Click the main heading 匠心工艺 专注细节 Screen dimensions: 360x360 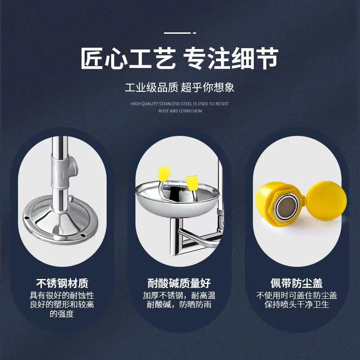[x=179, y=58]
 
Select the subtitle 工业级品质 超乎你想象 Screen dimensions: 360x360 [x=179, y=87]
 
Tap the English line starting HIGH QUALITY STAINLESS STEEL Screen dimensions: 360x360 [x=180, y=104]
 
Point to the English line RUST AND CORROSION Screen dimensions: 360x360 [x=180, y=111]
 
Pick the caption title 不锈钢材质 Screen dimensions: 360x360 [x=62, y=283]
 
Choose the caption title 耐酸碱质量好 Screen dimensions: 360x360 [x=179, y=283]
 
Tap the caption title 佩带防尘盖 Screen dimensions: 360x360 [x=297, y=283]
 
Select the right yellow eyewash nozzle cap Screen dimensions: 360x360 [x=192, y=183]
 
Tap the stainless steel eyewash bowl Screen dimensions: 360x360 [x=177, y=198]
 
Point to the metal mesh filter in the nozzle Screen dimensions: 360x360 [x=286, y=207]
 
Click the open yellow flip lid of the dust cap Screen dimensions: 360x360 [x=327, y=200]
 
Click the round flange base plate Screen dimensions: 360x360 [x=60, y=220]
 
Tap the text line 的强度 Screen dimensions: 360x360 [x=62, y=314]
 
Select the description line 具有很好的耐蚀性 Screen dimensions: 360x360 [x=62, y=296]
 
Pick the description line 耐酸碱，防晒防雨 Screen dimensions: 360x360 [x=179, y=305]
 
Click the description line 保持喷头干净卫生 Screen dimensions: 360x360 [x=297, y=305]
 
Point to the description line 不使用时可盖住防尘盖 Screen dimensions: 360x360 [x=297, y=296]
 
